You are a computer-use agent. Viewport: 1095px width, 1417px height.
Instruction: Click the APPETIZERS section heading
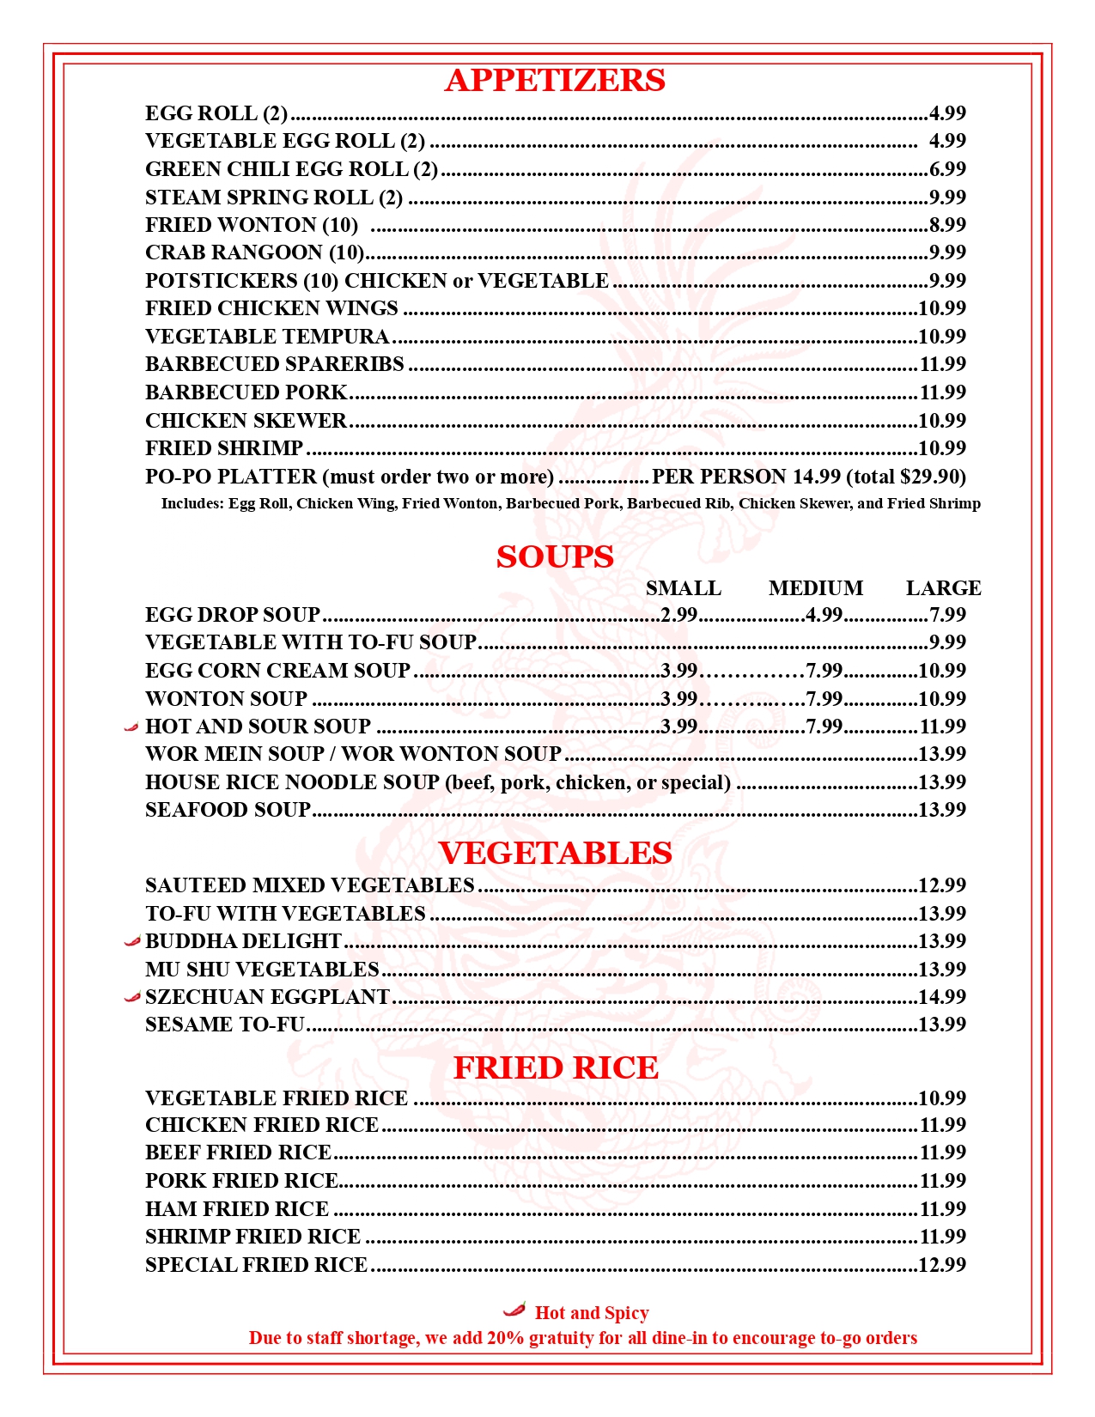[x=555, y=81]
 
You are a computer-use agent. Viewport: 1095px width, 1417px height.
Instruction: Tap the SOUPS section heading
[x=555, y=557]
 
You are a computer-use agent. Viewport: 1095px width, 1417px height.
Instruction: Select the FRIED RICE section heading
[x=556, y=1067]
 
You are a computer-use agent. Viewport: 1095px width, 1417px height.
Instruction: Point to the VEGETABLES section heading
[x=556, y=853]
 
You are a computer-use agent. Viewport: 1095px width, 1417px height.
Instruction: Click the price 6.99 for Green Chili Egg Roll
[x=947, y=169]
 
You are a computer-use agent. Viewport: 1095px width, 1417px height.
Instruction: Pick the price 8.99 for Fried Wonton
[x=947, y=225]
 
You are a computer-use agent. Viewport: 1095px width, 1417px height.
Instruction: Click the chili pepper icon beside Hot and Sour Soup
[x=131, y=727]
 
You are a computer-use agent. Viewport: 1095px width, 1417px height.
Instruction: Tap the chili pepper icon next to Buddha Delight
[x=131, y=941]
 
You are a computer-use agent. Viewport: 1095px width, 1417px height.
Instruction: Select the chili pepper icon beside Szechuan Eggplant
[x=131, y=997]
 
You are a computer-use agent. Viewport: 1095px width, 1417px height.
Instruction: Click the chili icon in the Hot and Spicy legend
[x=514, y=1310]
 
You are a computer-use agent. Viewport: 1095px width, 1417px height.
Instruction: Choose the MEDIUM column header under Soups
[x=816, y=588]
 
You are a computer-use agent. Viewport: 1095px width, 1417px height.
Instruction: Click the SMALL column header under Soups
[x=684, y=588]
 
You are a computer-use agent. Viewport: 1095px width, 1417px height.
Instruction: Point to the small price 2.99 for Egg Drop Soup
[x=679, y=615]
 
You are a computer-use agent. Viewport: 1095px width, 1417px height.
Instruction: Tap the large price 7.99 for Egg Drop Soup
[x=947, y=615]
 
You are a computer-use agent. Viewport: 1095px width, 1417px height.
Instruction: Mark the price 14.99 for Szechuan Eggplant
[x=942, y=997]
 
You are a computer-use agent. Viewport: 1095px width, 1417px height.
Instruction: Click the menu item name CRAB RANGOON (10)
[x=255, y=252]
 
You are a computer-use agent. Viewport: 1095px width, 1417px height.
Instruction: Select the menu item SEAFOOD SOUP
[x=228, y=810]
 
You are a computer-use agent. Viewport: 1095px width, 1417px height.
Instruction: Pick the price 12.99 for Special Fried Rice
[x=942, y=1265]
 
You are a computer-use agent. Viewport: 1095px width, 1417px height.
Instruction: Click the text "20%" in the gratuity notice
[x=505, y=1338]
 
